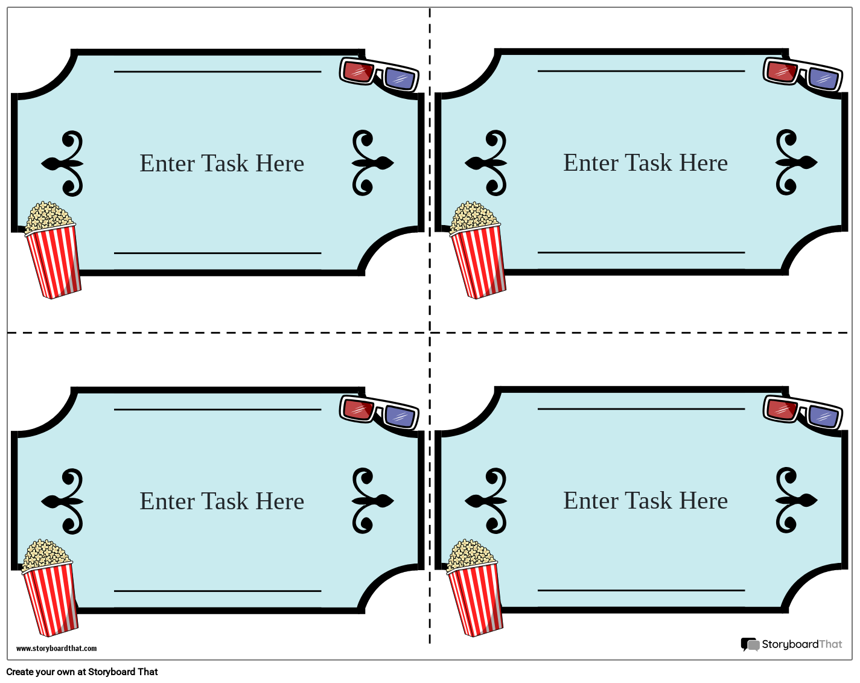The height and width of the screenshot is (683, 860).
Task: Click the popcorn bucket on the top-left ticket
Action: click(53, 253)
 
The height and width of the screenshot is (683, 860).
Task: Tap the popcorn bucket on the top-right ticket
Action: click(477, 253)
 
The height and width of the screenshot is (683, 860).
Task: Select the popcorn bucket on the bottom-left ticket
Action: click(49, 591)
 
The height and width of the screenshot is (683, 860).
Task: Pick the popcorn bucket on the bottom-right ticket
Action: click(475, 591)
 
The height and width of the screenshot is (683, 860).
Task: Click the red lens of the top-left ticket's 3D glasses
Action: click(358, 72)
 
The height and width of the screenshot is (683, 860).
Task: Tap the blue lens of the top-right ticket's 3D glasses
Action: click(824, 78)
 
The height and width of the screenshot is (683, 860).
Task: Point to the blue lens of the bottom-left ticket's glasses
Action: click(400, 416)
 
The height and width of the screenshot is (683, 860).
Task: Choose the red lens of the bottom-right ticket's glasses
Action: click(782, 410)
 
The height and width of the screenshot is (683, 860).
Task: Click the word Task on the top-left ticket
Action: click(224, 164)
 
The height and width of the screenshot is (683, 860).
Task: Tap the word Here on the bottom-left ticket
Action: click(279, 501)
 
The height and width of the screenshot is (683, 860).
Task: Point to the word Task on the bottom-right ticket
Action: click(648, 501)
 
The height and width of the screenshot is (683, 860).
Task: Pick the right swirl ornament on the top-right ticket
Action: click(793, 162)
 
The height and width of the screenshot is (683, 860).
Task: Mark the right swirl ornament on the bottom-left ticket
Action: click(369, 501)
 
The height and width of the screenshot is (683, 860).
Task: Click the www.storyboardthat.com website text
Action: click(56, 649)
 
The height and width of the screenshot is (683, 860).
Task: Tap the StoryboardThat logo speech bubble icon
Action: click(750, 644)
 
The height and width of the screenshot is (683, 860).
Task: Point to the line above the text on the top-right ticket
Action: click(641, 71)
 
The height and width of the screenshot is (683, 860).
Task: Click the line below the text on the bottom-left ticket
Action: click(217, 591)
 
